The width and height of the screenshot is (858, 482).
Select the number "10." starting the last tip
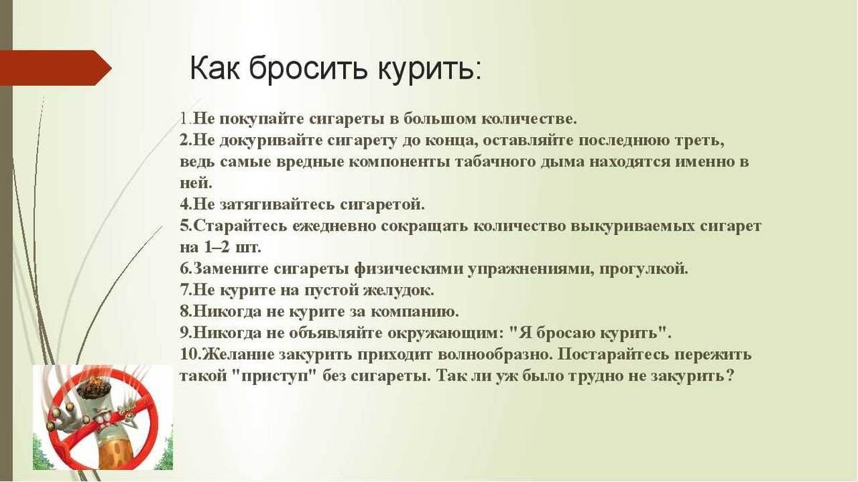point(189,355)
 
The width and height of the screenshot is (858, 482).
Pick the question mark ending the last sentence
point(729,376)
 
